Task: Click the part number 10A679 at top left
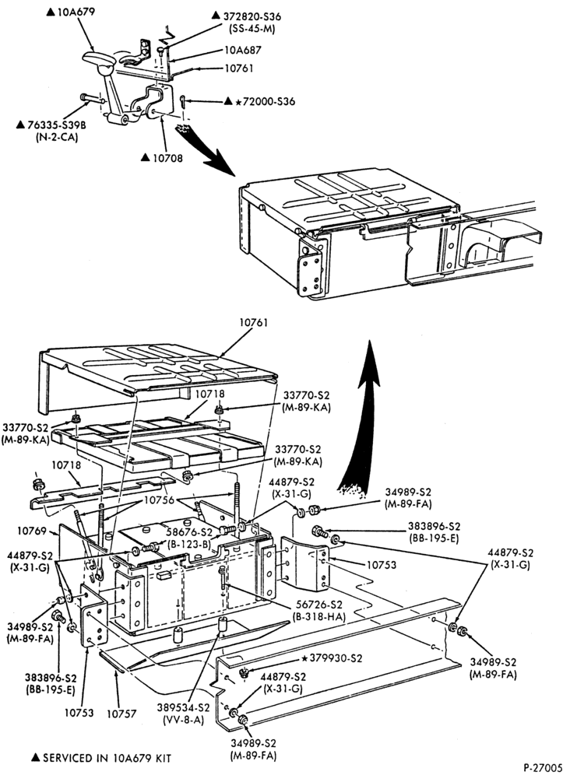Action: pos(76,12)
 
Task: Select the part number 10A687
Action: pos(243,50)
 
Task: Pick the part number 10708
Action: pos(167,158)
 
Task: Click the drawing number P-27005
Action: pos(544,767)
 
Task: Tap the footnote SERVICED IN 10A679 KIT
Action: pos(107,758)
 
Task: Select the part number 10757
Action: pos(121,714)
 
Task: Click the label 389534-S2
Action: pos(184,708)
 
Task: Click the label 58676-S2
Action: pos(189,532)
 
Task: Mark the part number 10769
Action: pos(32,531)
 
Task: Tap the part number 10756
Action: pos(160,500)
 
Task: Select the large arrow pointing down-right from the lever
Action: pos(207,150)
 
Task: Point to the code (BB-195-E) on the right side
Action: pos(434,537)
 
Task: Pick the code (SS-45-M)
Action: pos(252,29)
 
